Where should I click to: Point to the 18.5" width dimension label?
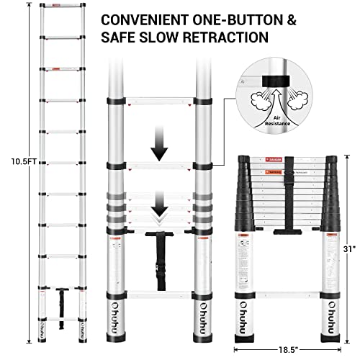(x=286, y=348)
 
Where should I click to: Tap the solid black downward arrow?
(x=160, y=148)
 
